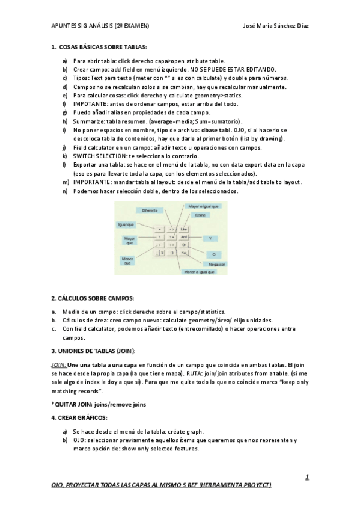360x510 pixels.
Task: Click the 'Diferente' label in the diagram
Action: [150, 210]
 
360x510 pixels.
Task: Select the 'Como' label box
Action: [201, 215]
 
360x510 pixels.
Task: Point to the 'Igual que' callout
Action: [125, 224]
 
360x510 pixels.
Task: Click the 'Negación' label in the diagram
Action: [216, 264]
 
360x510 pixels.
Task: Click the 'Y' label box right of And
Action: [210, 239]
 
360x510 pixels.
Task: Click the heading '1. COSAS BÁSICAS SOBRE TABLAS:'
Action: [99, 46]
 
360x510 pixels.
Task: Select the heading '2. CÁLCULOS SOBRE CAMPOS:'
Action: [93, 298]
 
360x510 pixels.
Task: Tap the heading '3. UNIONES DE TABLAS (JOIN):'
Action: [93, 351]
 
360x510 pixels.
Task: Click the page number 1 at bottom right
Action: [307, 477]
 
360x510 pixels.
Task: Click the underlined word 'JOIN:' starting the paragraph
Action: [58, 364]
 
